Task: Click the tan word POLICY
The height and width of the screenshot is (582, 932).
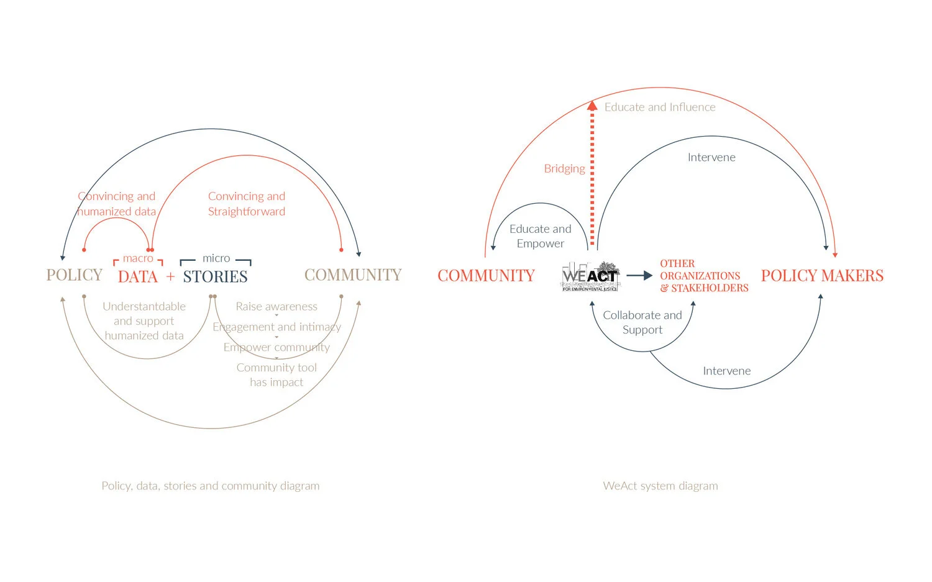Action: tap(74, 275)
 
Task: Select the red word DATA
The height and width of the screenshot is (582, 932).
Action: tap(138, 277)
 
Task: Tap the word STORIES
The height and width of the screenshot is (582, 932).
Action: tap(215, 277)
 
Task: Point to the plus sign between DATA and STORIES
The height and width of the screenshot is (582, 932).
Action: tap(170, 277)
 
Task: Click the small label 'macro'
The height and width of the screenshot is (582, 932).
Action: tap(138, 258)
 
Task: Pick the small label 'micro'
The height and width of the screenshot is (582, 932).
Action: tap(216, 258)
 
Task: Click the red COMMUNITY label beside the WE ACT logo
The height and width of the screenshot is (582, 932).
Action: tap(486, 276)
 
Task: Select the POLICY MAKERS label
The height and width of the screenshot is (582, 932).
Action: tap(822, 276)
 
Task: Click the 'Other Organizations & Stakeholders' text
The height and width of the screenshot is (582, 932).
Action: tap(703, 276)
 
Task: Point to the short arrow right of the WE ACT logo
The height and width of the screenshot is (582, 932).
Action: tap(639, 275)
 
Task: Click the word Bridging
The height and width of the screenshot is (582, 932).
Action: tap(564, 169)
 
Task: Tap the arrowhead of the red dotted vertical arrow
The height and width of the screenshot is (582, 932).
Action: tap(592, 106)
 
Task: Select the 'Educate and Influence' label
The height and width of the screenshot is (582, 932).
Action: tap(660, 107)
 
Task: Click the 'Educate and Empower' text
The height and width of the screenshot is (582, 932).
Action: tap(540, 237)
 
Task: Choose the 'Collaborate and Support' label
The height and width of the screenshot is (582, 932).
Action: tap(642, 322)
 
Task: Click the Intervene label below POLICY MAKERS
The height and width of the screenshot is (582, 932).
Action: tap(726, 371)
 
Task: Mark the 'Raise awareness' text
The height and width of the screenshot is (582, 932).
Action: tap(276, 307)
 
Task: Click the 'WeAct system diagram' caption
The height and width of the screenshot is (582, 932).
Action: tap(660, 486)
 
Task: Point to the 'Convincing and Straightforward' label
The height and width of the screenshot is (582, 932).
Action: tap(247, 204)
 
